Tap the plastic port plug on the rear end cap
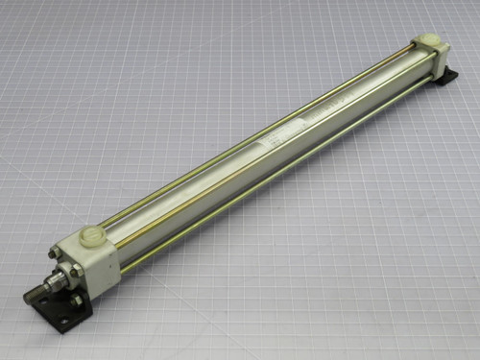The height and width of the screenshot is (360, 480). pyautogui.click(x=430, y=42)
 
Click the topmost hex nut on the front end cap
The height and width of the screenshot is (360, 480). pyautogui.click(x=56, y=253)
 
